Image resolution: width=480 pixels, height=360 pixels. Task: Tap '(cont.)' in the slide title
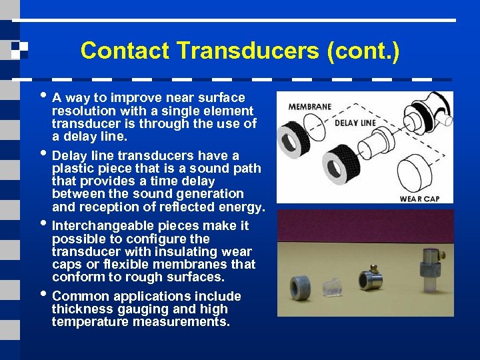pos(363,51)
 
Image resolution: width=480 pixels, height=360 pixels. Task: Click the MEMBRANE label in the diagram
pos(309,107)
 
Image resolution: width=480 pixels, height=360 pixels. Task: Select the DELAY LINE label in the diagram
pos(355,123)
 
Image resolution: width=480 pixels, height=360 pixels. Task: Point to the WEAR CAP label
pos(419,198)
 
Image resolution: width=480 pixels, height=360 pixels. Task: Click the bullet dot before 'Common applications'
pos(44,293)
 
